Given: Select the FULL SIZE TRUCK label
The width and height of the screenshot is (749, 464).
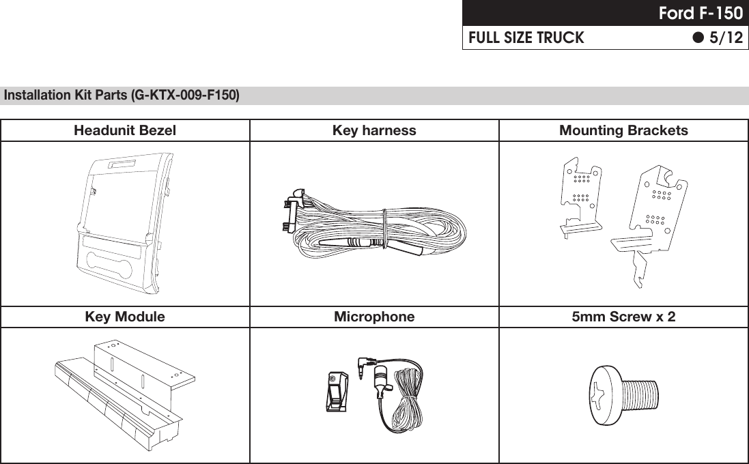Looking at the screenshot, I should point(526,38).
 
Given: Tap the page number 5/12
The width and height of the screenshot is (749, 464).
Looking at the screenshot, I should point(725,38).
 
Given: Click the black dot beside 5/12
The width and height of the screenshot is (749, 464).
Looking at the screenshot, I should point(698,38).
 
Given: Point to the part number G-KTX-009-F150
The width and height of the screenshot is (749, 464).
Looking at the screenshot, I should point(186,95).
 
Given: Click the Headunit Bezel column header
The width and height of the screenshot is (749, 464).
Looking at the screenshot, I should point(125,130).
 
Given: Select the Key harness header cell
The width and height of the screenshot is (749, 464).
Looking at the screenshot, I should point(374,130).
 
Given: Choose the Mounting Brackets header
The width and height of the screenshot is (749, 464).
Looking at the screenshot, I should point(623,130).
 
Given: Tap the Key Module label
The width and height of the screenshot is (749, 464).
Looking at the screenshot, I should point(125,317).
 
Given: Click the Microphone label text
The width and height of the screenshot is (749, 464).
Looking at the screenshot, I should point(374,317).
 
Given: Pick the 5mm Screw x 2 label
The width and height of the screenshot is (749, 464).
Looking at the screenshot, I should point(623,317).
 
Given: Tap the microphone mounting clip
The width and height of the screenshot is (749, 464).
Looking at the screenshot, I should point(336,393).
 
